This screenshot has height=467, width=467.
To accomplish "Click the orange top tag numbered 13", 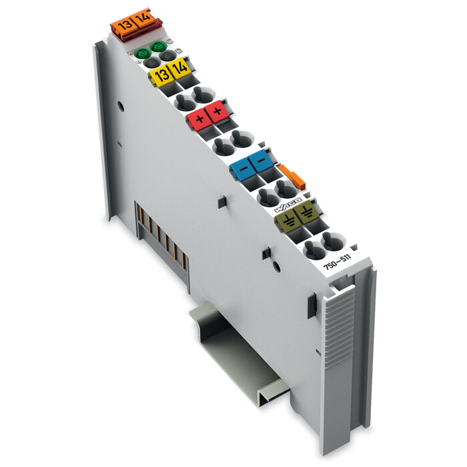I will (x=123, y=25).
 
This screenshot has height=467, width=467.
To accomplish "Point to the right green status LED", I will (x=158, y=47).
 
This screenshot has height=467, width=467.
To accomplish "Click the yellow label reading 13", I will (x=160, y=75).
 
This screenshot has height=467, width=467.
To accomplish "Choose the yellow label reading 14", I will (x=179, y=69).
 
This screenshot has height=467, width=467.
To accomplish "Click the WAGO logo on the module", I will (x=290, y=205).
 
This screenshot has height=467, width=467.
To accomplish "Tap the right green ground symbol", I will (x=306, y=213).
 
